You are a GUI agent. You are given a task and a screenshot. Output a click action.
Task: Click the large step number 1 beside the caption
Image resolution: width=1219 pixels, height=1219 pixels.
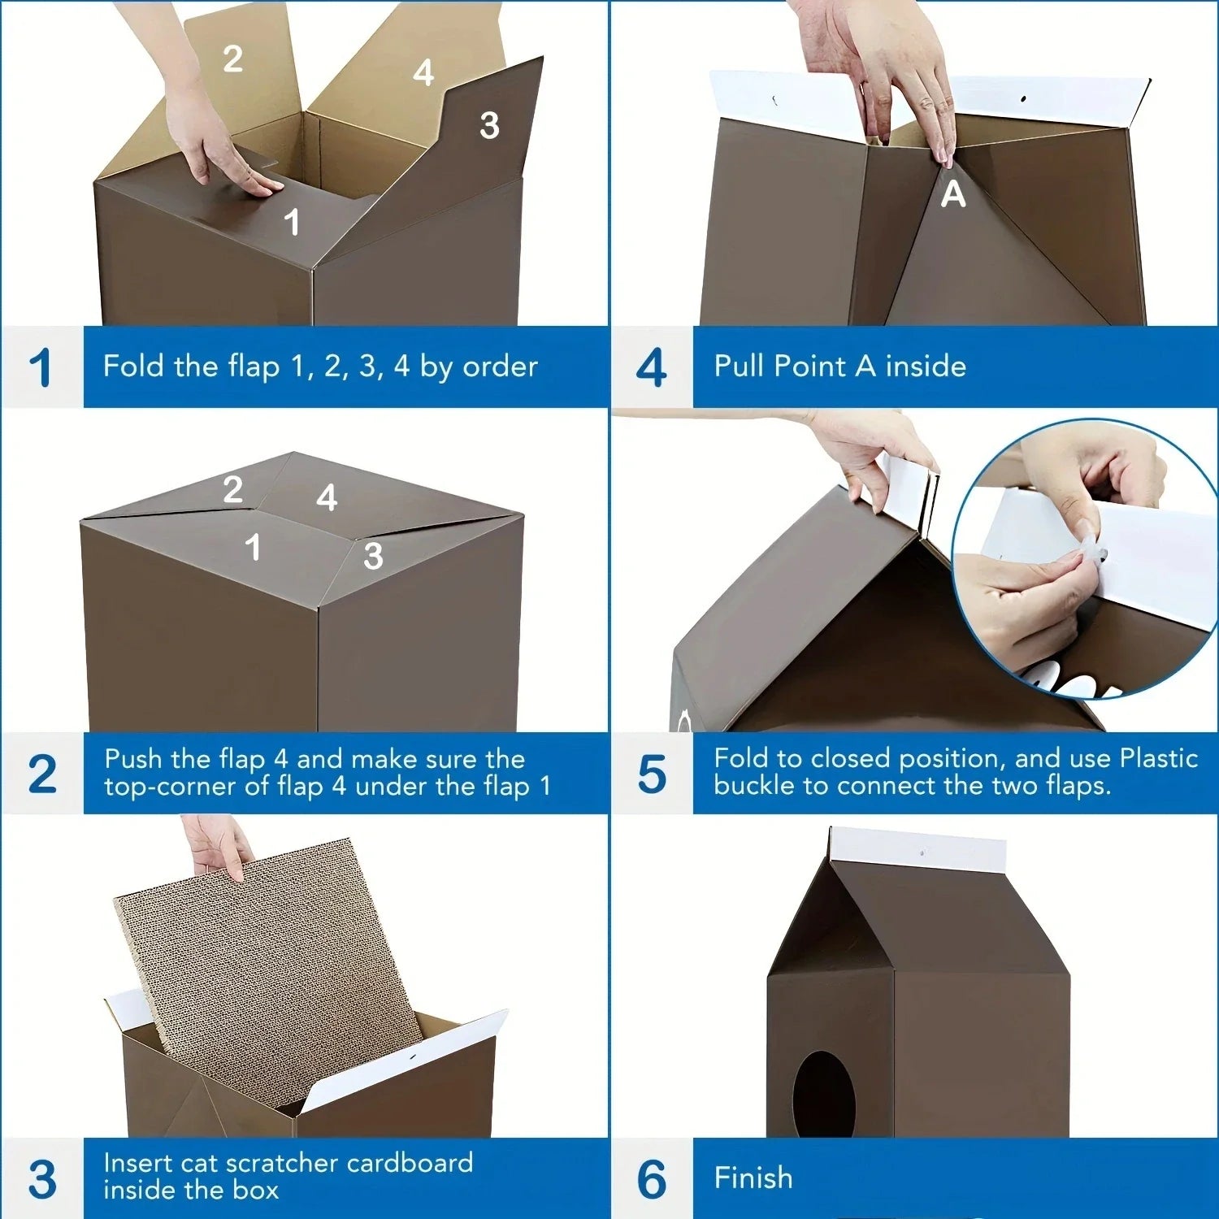click(40, 367)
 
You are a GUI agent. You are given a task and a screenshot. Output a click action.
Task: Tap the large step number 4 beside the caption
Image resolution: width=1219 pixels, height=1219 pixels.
click(651, 367)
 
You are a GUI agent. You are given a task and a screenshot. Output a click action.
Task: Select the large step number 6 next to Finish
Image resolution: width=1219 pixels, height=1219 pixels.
click(651, 1178)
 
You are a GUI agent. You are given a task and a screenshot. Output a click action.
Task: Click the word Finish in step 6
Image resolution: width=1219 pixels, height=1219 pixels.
click(753, 1178)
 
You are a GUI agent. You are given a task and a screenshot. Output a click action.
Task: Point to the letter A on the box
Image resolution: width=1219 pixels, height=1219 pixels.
click(952, 194)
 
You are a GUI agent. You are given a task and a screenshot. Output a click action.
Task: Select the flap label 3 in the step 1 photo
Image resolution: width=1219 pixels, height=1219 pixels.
click(488, 125)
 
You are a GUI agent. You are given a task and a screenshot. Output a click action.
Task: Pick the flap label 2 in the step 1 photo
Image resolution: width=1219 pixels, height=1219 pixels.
click(232, 59)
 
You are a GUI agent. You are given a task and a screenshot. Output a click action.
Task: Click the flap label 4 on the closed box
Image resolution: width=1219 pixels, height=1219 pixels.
click(327, 497)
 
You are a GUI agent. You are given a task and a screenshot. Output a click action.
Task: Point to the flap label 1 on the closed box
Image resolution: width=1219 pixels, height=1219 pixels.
click(254, 547)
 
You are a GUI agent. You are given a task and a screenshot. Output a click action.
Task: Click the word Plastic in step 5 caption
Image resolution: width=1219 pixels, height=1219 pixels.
click(1158, 758)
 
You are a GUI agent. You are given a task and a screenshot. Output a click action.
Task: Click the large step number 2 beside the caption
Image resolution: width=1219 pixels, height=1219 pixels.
click(41, 774)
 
